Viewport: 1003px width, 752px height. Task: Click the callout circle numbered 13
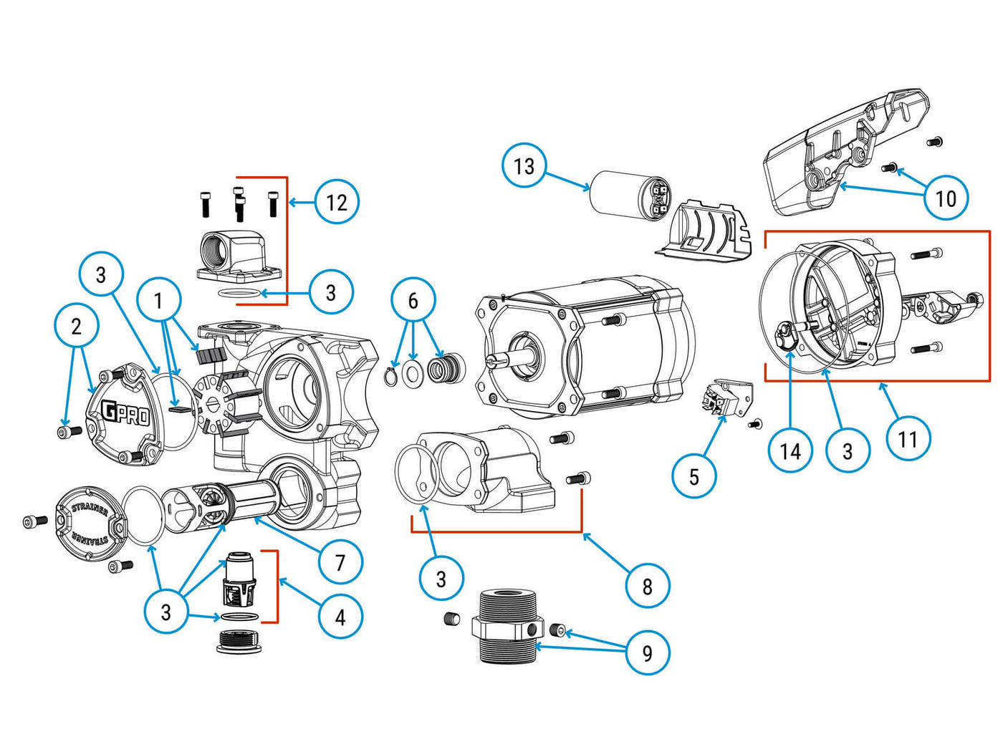524,165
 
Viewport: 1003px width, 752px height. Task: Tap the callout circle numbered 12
336,202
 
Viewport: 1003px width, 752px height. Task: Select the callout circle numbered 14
790,450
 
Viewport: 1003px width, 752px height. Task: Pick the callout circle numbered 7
340,562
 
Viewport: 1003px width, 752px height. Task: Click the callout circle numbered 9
647,652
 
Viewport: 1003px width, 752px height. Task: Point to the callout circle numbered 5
694,476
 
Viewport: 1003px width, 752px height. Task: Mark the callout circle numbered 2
77,327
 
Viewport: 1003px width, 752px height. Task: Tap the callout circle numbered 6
413,300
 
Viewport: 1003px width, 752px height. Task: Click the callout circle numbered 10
946,198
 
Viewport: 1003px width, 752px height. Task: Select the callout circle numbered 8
647,586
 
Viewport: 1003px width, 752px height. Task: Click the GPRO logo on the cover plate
125,414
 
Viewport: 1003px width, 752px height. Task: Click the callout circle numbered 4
340,616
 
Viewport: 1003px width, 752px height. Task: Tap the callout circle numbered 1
159,300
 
